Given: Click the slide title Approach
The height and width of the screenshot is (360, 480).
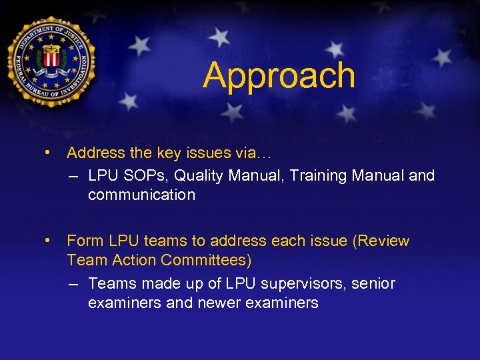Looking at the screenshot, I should click(x=279, y=75).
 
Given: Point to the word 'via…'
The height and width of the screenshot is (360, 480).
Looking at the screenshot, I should click(x=253, y=153).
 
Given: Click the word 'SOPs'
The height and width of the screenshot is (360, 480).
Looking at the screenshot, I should click(x=140, y=175).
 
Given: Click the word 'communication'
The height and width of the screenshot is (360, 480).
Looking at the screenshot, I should click(x=141, y=195).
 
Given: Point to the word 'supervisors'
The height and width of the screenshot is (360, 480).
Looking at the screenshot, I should click(x=298, y=283).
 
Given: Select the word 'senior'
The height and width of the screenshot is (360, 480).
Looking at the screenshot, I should click(x=373, y=283).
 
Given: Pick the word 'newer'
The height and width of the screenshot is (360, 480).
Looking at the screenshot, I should click(x=223, y=303).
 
